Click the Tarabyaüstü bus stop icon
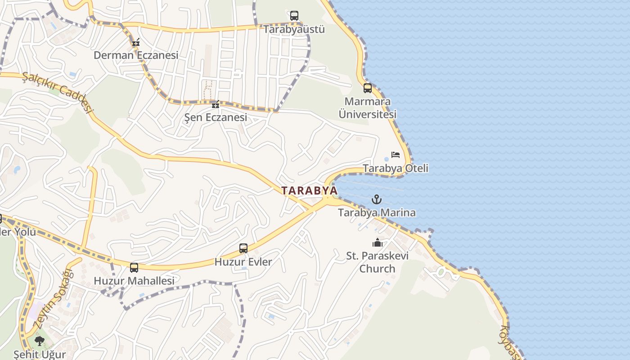tap(294, 16)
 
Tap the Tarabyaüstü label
tap(294, 29)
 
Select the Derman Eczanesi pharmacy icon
tap(136, 43)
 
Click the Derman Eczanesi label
tap(136, 55)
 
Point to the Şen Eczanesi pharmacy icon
tap(216, 105)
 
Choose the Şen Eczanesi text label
tap(216, 117)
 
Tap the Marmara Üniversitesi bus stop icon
tap(368, 88)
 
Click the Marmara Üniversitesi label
tap(368, 108)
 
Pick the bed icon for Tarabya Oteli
tap(396, 155)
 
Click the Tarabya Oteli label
tap(396, 168)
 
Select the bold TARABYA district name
tap(310, 191)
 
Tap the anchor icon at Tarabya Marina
tap(377, 199)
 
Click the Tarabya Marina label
tap(377, 212)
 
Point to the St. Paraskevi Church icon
tap(377, 243)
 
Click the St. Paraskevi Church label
tap(377, 262)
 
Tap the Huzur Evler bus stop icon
tap(243, 248)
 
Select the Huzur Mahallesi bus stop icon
tap(134, 268)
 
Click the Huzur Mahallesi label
tap(134, 281)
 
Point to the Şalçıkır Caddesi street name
tap(58, 92)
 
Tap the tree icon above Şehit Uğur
tap(40, 341)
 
